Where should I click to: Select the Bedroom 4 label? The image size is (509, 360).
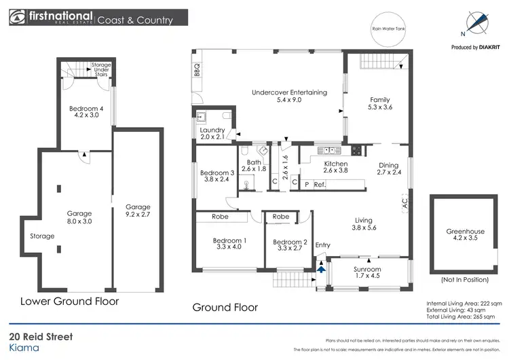coord(86,111)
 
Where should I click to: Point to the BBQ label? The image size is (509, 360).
coord(197,69)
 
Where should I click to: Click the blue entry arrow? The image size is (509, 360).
coord(320,270)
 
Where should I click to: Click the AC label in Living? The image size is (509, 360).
coord(404,202)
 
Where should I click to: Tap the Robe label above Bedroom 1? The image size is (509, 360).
coord(221,217)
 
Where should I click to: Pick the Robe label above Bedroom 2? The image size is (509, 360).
coord(280,217)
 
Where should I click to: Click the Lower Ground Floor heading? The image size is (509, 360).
coord(69,301)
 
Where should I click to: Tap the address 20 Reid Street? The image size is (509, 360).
coord(41,337)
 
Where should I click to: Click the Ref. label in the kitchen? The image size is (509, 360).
coord(318,183)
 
